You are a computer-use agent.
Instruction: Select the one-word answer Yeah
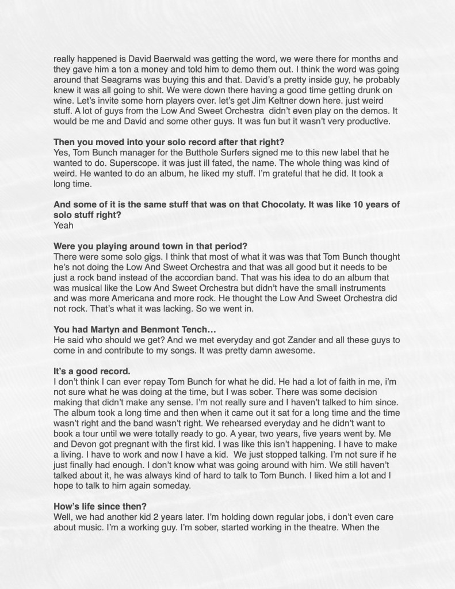[x=63, y=226]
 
